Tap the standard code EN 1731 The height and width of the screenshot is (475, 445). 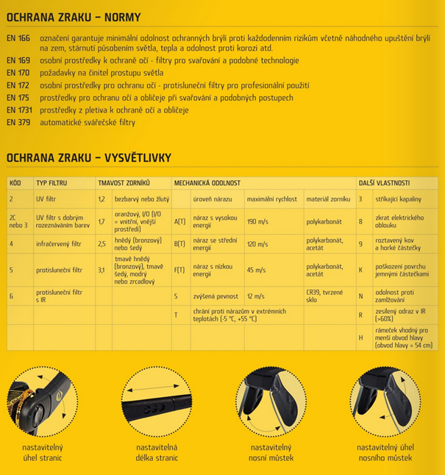(20, 110)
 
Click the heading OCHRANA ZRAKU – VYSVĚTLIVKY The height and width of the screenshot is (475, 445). (89, 157)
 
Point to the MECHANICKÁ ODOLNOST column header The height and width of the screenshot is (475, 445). (207, 182)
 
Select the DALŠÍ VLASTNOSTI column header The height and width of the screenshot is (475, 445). (384, 182)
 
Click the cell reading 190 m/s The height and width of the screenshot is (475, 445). (258, 221)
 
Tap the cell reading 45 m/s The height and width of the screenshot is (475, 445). (257, 271)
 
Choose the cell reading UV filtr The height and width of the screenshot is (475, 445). (47, 199)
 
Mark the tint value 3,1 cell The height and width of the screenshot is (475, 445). (102, 270)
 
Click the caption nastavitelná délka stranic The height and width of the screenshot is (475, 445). (154, 453)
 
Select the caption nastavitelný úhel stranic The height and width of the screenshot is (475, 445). (42, 453)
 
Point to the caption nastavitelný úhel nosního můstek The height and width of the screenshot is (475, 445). (385, 453)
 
